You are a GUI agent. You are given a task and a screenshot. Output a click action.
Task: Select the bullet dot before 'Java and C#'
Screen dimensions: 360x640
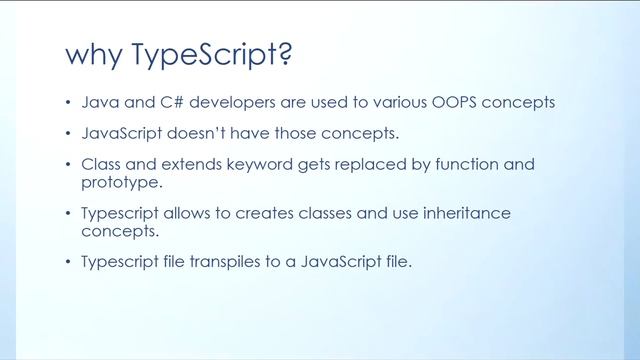pos(69,104)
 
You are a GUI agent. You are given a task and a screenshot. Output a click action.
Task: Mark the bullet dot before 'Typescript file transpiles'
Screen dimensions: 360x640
pos(69,264)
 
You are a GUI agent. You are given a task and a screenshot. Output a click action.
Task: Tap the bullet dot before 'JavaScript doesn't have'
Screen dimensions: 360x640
pos(69,134)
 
